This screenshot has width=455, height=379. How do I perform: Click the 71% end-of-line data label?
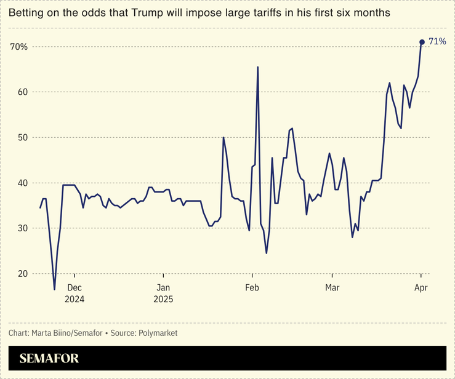(x=437, y=41)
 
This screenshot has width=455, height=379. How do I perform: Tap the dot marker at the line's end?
(x=422, y=42)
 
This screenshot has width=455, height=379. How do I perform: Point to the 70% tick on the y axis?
(x=18, y=47)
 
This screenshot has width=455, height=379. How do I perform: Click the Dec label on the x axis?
(x=74, y=287)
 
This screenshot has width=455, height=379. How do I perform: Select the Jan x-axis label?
(x=163, y=287)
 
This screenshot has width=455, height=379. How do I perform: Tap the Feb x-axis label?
(x=252, y=287)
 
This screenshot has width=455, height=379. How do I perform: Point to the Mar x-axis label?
(x=332, y=287)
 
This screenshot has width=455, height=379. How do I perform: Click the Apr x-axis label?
(x=421, y=287)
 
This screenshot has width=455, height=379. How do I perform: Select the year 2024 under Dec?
(x=74, y=299)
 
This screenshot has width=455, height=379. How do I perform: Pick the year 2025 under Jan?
(x=163, y=299)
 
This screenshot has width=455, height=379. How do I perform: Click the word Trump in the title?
(x=145, y=12)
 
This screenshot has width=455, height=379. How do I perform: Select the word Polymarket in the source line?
(x=156, y=333)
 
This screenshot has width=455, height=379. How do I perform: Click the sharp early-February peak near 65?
(x=257, y=67)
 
